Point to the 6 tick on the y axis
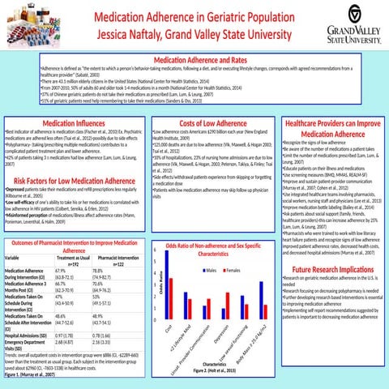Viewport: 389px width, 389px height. point(154,251)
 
